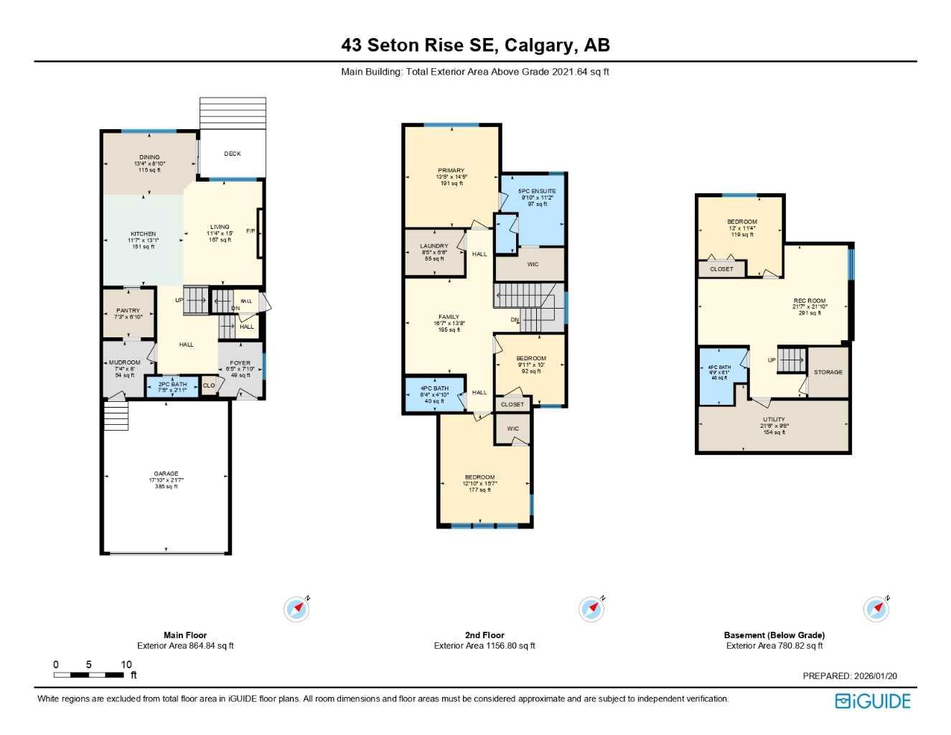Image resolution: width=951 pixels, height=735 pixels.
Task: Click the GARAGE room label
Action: (x=166, y=474)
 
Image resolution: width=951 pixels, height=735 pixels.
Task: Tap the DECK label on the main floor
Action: (x=233, y=154)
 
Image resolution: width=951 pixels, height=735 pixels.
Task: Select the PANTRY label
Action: (x=128, y=311)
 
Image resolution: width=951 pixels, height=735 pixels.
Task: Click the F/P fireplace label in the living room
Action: (x=250, y=231)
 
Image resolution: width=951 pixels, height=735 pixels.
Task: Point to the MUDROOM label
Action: (x=125, y=362)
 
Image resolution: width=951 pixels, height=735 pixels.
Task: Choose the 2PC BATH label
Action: (x=172, y=384)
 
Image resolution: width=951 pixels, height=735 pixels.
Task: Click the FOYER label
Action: (x=240, y=363)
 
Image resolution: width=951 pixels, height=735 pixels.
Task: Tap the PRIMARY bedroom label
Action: (x=451, y=171)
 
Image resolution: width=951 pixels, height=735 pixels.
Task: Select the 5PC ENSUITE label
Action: (x=537, y=191)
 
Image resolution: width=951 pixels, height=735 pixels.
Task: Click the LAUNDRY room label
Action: (x=434, y=246)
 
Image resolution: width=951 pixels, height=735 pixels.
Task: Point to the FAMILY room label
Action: (x=449, y=317)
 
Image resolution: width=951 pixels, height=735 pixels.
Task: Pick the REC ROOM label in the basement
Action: (x=810, y=301)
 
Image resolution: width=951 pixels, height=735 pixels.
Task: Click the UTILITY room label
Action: (x=774, y=419)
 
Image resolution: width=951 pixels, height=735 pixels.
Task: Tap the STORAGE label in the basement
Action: (x=828, y=372)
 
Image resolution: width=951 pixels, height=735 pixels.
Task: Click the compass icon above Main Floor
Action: (x=296, y=609)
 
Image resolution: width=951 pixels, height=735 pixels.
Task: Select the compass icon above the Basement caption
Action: (x=876, y=609)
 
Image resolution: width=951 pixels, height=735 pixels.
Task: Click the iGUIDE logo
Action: (x=873, y=701)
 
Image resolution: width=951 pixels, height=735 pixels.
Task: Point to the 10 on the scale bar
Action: (x=126, y=665)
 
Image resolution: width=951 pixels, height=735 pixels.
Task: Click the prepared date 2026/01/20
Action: (x=875, y=676)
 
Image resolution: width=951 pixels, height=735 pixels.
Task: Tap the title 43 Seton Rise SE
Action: (x=418, y=45)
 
